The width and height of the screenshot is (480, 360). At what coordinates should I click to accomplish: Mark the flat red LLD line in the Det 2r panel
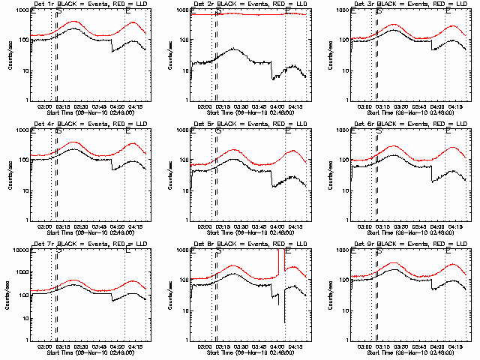247,13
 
